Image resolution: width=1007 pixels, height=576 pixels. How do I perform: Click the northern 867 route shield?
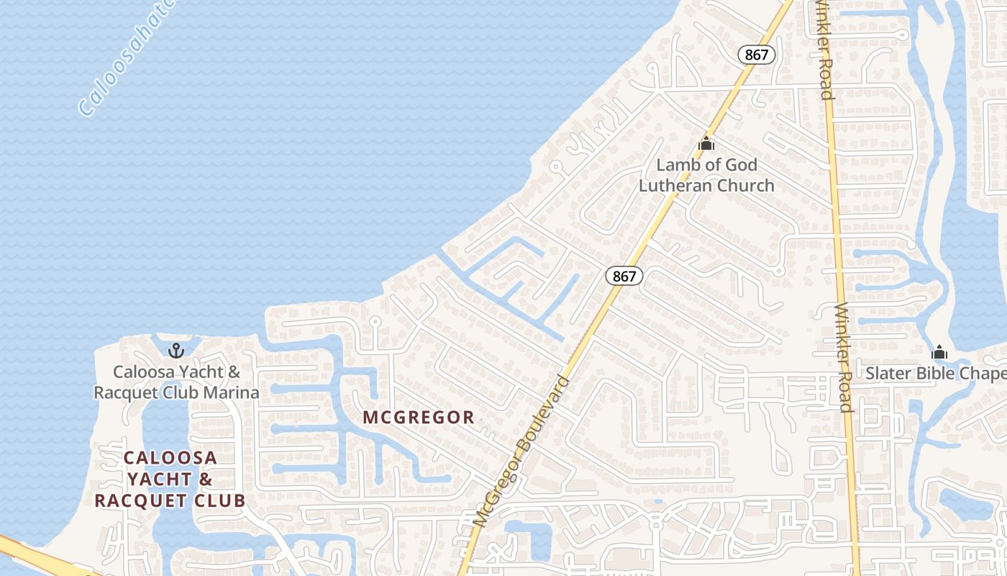point(757,55)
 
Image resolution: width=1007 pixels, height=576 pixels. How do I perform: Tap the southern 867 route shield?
point(624,276)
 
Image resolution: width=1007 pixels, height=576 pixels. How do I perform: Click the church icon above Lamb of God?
point(706,143)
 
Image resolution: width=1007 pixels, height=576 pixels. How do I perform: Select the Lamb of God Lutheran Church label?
point(706,175)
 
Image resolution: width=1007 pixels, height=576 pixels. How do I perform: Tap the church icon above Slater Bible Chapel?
point(939,353)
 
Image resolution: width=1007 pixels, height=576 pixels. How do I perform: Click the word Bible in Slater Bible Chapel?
point(935,374)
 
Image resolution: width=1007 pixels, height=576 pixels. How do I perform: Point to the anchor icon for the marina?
point(176,351)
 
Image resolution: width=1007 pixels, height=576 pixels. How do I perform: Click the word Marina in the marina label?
point(229,392)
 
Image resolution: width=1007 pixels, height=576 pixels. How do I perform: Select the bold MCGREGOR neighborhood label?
point(419,417)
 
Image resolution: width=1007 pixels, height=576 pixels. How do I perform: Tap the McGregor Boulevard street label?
point(523,450)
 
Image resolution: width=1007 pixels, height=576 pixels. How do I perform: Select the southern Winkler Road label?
point(844,358)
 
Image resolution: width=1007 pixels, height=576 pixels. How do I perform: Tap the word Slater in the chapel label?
point(889,374)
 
